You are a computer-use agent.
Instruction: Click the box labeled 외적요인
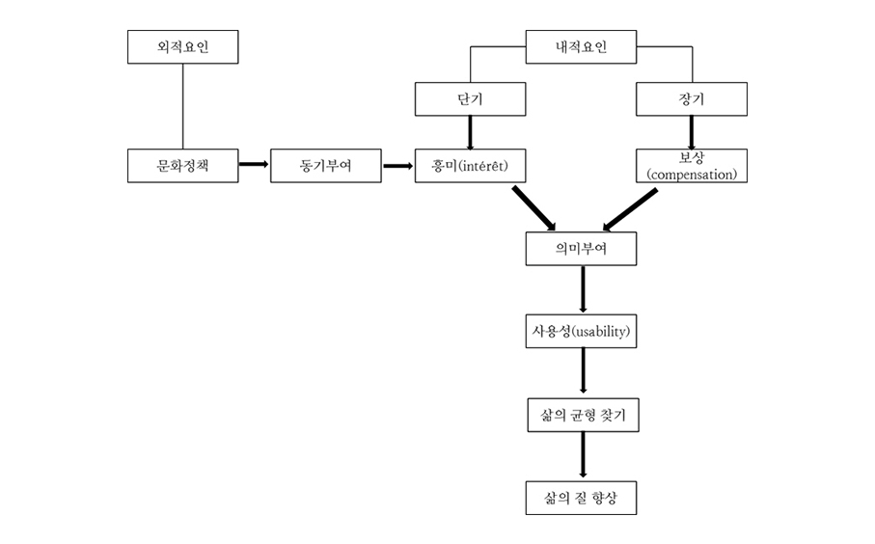pyautogui.click(x=182, y=46)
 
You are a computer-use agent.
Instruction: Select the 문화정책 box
pyautogui.click(x=182, y=166)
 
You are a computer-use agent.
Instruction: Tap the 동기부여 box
pyautogui.click(x=326, y=166)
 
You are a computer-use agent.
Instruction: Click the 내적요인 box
pyautogui.click(x=581, y=46)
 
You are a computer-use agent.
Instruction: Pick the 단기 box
pyautogui.click(x=470, y=98)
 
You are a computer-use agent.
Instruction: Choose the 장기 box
pyautogui.click(x=692, y=98)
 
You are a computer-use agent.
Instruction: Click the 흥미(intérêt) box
pyautogui.click(x=470, y=166)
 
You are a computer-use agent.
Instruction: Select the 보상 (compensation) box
pyautogui.click(x=692, y=166)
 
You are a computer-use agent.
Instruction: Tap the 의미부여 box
pyautogui.click(x=581, y=249)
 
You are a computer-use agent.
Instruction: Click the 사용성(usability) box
pyautogui.click(x=581, y=332)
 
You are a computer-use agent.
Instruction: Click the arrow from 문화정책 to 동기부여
pyautogui.click(x=254, y=165)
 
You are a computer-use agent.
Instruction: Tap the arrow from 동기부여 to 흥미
pyautogui.click(x=397, y=165)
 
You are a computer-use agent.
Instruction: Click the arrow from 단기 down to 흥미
pyautogui.click(x=470, y=131)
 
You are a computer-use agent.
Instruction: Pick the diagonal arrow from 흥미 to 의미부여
pyautogui.click(x=533, y=207)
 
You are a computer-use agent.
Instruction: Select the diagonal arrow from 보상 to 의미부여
pyautogui.click(x=630, y=209)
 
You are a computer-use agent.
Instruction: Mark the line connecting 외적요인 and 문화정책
pyautogui.click(x=182, y=106)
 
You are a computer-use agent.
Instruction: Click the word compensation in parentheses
pyautogui.click(x=692, y=175)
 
